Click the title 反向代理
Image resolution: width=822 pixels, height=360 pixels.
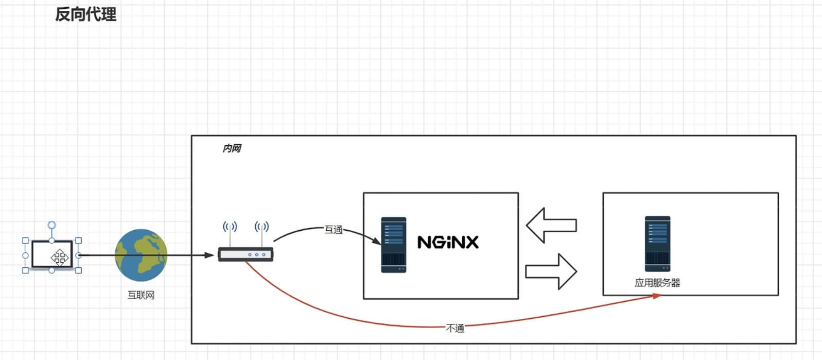(86, 14)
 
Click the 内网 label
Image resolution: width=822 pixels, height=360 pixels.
(232, 148)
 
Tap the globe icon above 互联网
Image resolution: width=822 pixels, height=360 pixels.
(141, 255)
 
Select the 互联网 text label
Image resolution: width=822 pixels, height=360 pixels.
(141, 295)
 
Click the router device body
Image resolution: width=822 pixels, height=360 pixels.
(246, 254)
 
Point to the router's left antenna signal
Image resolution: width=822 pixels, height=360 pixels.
(230, 227)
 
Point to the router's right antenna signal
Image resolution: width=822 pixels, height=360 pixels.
(261, 227)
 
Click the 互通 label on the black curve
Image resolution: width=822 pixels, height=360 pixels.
(334, 229)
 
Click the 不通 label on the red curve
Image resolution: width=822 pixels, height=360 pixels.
(455, 328)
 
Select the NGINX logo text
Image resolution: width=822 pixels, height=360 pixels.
(448, 242)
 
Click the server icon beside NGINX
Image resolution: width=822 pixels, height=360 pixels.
(394, 245)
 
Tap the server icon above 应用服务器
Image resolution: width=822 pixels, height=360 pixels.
(657, 244)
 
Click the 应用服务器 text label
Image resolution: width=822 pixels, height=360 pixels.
(657, 283)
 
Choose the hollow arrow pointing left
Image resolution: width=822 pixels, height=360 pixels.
(551, 225)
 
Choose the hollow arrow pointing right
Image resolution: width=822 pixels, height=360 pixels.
(551, 271)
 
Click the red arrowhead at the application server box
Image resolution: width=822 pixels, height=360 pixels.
(657, 296)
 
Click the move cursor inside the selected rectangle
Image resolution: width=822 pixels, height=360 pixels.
(60, 257)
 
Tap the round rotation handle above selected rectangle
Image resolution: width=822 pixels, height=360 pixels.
(51, 225)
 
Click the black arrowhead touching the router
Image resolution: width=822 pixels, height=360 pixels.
(209, 255)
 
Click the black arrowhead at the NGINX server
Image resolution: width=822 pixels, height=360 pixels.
(377, 241)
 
